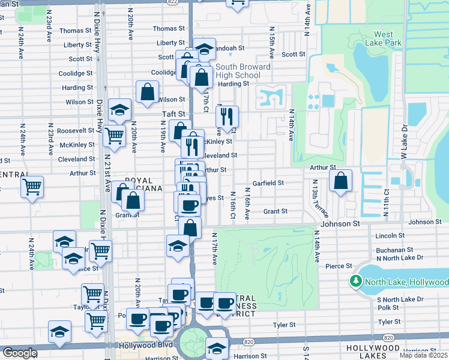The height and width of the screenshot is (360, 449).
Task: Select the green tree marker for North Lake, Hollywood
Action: click(355, 281)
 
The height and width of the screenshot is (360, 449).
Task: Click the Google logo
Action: click(20, 353)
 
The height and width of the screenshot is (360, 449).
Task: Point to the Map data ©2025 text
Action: click(424, 355)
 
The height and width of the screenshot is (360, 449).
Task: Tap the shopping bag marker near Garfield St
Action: click(340, 181)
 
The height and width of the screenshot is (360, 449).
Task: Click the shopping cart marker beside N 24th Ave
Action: click(32, 187)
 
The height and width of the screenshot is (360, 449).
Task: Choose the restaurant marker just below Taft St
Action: click(226, 116)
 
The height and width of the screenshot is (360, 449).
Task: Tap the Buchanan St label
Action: click(393, 250)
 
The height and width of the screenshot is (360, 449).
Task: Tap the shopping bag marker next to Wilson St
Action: click(147, 92)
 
